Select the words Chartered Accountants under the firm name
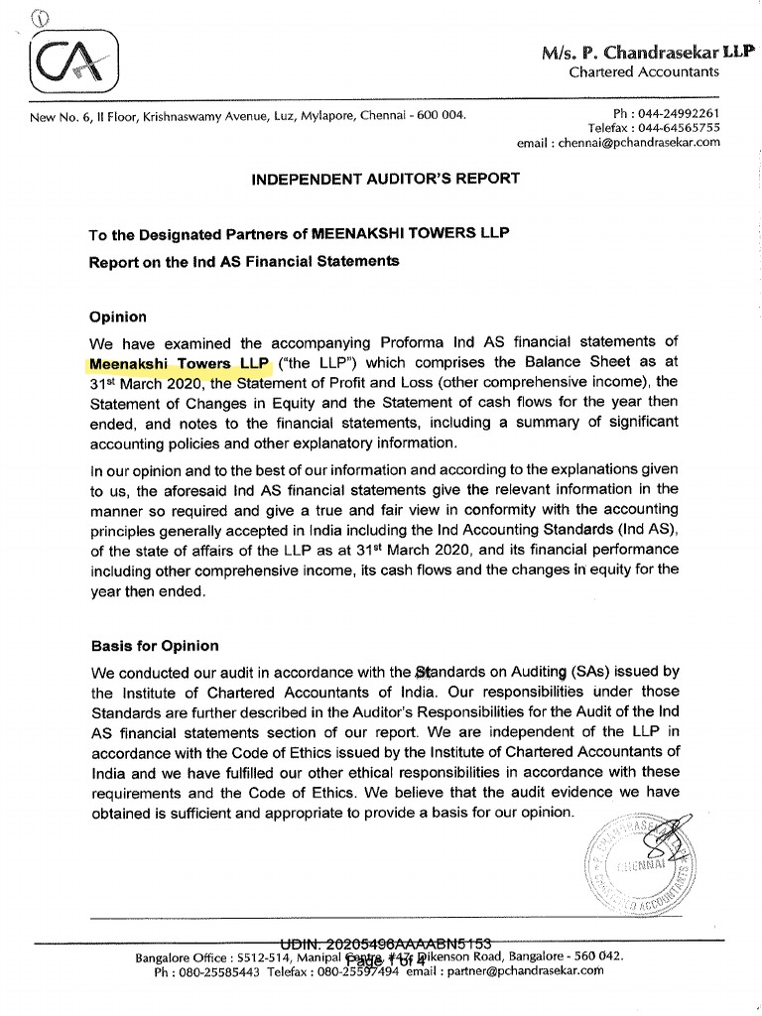[x=644, y=71]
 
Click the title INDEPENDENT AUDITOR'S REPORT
[x=385, y=179]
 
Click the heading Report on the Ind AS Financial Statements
[x=244, y=262]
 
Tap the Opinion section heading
[x=118, y=317]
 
